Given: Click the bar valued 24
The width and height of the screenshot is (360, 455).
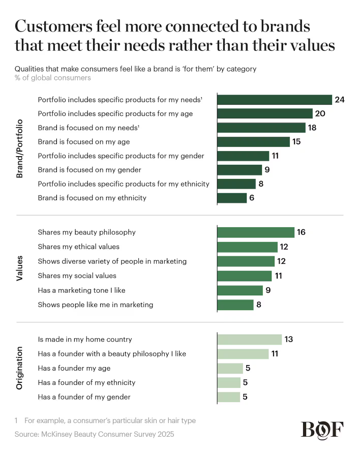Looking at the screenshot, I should [275, 100].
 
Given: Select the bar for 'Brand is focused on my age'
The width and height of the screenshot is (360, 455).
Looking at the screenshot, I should [253, 142].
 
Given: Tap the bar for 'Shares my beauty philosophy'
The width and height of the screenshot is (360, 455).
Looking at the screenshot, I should [256, 232].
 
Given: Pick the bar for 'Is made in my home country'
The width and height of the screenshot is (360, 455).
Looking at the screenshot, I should [249, 340].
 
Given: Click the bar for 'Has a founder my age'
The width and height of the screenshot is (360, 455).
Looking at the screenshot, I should [230, 368].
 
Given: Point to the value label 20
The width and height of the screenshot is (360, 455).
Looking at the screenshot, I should [320, 114].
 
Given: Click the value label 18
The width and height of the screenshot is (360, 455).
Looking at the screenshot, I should [312, 128].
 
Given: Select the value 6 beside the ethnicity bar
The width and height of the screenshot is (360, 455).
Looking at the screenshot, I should [251, 198].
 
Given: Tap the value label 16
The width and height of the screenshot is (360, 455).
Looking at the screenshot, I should [301, 232].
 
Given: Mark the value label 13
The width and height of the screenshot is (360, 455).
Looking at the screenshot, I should [288, 340].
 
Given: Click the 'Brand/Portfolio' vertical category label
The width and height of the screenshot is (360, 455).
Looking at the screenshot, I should [20, 148].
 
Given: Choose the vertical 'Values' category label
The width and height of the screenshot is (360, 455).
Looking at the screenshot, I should [20, 268].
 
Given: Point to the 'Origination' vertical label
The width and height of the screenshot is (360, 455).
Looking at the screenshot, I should [20, 368].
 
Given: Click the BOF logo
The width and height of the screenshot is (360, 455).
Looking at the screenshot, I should [322, 430].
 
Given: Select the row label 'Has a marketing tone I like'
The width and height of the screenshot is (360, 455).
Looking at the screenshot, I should [81, 290].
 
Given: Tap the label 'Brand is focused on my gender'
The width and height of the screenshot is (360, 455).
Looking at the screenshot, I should [89, 170].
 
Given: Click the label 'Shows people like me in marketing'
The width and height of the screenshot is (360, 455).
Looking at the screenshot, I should [96, 305].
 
